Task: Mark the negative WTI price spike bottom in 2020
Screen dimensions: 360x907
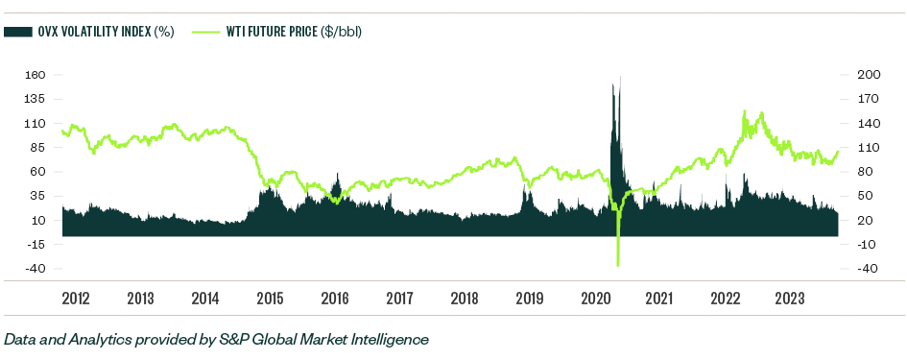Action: pyautogui.click(x=618, y=265)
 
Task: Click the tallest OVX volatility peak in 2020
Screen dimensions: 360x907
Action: pyautogui.click(x=620, y=77)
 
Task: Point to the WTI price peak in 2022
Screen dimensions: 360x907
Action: pyautogui.click(x=745, y=111)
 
